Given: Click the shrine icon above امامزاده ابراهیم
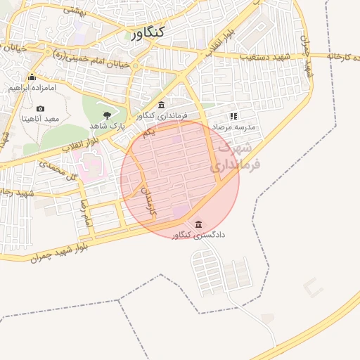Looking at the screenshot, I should tap(32, 77).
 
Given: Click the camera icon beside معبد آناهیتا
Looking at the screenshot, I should tap(40, 108).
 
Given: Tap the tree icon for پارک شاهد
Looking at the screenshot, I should tap(107, 114).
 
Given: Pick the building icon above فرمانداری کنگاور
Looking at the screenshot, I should tap(162, 105).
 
